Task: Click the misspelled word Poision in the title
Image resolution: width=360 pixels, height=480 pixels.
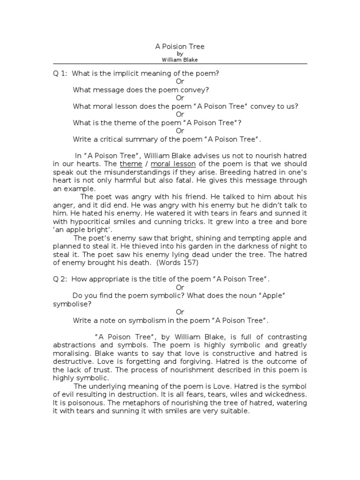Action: pos(173,47)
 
